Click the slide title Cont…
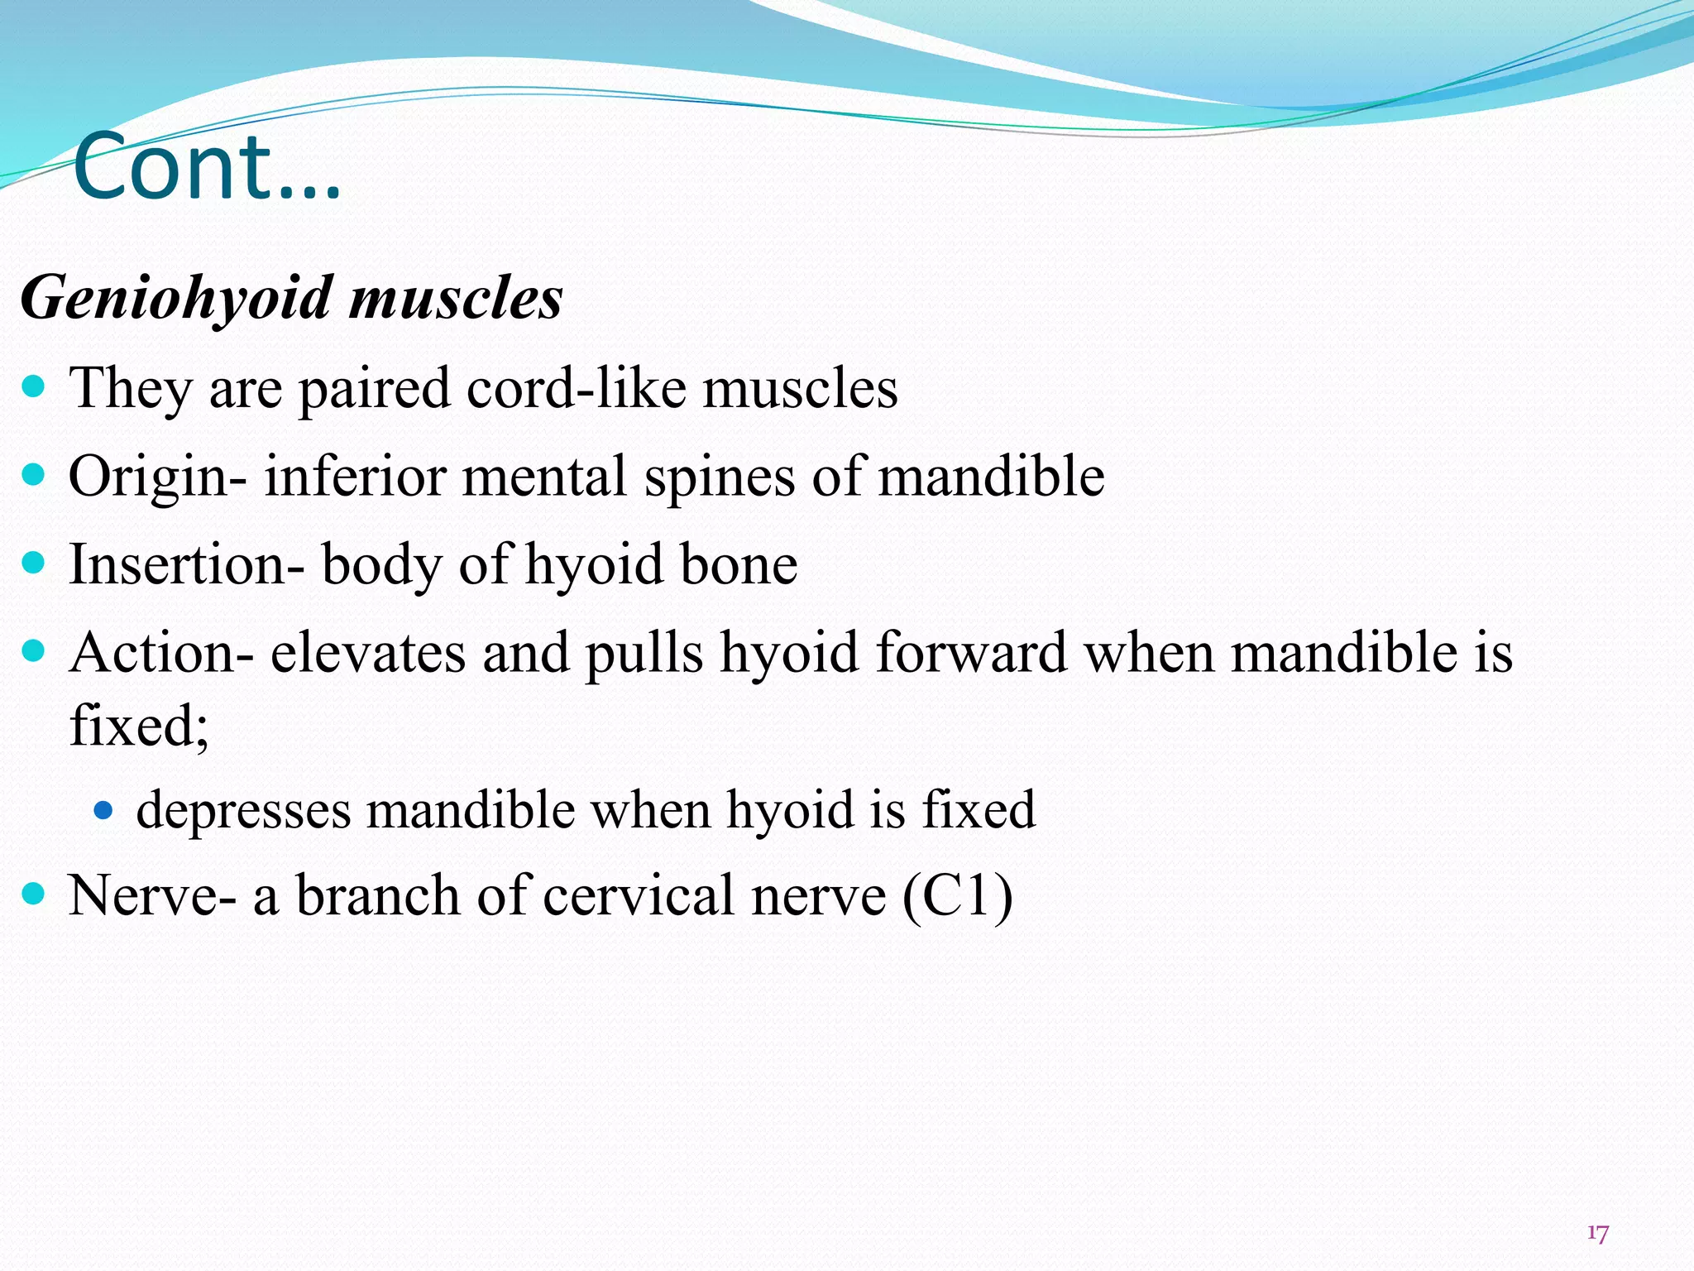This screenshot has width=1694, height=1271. [207, 167]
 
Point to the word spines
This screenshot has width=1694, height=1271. [719, 477]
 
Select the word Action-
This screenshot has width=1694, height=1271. [161, 652]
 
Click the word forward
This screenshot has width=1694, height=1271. [970, 652]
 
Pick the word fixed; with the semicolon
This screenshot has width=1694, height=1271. [139, 725]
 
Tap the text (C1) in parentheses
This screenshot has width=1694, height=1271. [957, 895]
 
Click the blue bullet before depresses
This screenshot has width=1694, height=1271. [103, 810]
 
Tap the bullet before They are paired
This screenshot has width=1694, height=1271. [33, 386]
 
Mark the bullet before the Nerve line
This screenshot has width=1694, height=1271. [33, 894]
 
